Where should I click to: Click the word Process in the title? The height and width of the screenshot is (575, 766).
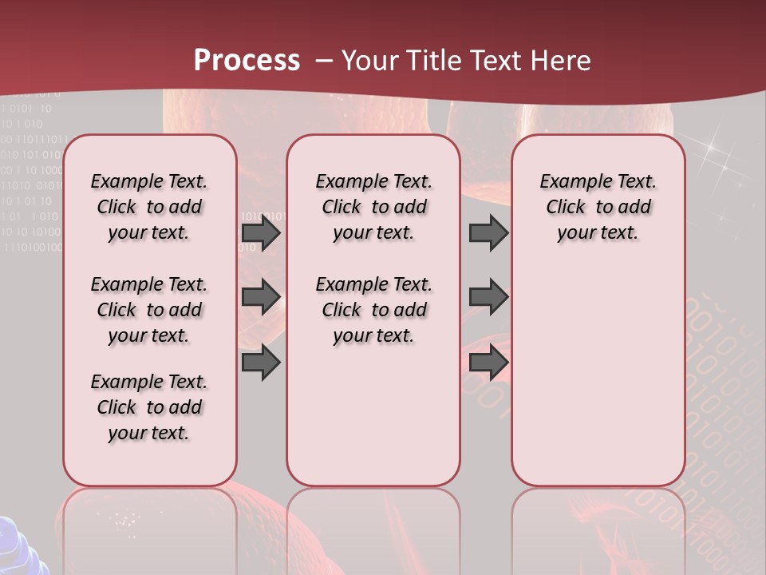coord(247,60)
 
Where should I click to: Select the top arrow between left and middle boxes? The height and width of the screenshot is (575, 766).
coord(261,232)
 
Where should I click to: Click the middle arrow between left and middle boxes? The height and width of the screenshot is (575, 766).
coord(261,296)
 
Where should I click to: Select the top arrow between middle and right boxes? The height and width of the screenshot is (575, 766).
coord(488,232)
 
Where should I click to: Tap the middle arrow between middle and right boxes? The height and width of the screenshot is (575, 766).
coord(488,296)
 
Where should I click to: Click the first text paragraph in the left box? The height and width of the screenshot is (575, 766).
coord(149,207)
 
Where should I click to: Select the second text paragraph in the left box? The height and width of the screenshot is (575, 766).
coord(149,310)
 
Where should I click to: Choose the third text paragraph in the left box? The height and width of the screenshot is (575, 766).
coord(149,407)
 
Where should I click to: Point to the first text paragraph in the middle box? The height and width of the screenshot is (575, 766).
coord(373,207)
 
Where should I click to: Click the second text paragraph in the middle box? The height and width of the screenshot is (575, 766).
coord(373,310)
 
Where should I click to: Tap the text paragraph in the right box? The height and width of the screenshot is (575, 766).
coord(598,207)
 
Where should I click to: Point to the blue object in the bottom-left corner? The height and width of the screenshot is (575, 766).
coord(20,547)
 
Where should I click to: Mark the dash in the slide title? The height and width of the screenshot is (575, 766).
coord(324,61)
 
